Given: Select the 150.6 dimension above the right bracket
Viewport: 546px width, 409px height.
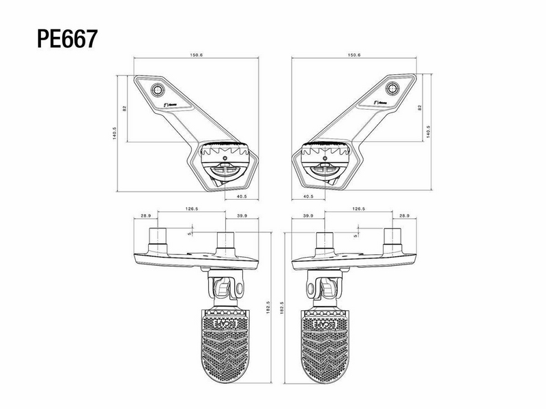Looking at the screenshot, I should [x=354, y=55].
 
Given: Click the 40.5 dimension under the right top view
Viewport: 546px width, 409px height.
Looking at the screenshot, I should [x=307, y=197].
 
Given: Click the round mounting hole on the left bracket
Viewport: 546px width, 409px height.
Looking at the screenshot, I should [x=158, y=91].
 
